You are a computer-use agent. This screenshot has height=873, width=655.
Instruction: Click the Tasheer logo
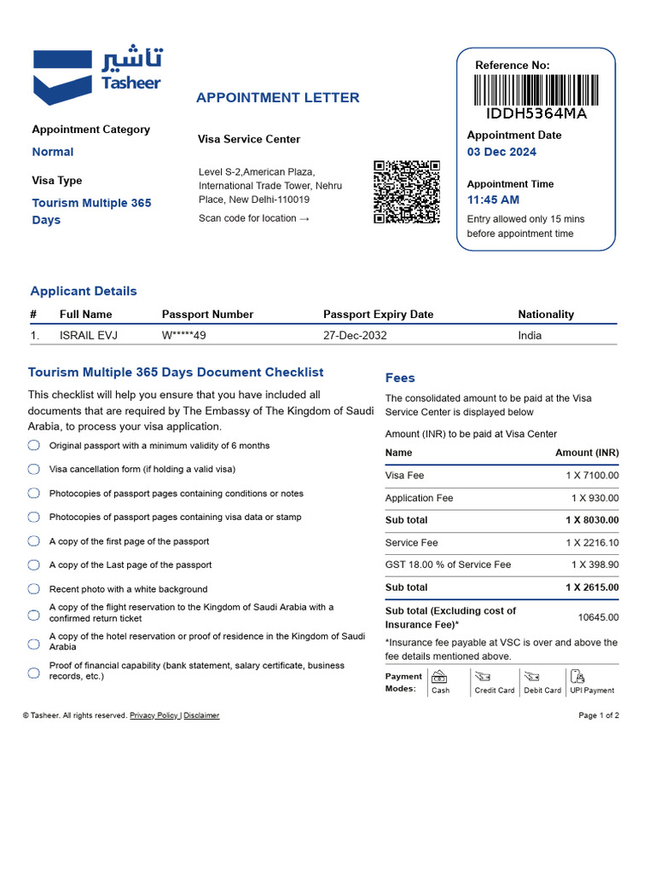(96, 75)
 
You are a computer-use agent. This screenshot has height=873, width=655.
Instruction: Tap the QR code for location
(406, 192)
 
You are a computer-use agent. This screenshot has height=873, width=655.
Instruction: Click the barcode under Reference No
(536, 90)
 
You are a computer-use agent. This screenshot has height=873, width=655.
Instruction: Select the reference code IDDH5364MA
(536, 113)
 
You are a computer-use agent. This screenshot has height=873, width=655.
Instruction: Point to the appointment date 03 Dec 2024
(501, 152)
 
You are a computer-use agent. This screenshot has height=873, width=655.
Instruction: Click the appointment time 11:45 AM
(493, 199)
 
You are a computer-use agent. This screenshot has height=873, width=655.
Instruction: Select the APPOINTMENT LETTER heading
(278, 97)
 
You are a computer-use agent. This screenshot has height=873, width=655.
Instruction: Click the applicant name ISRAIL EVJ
(89, 335)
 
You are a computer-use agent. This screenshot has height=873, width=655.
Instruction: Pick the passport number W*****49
(184, 335)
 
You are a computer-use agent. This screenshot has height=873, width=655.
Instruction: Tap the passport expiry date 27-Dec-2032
(355, 335)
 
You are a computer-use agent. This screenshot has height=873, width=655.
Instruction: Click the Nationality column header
(546, 314)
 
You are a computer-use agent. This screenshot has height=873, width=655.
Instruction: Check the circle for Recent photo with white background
(34, 589)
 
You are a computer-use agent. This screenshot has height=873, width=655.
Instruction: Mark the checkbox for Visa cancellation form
(34, 469)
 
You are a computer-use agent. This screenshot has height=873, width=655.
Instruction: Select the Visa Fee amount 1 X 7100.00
(592, 475)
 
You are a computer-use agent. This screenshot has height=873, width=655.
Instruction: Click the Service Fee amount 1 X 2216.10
(592, 542)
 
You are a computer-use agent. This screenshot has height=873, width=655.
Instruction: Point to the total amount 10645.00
(599, 617)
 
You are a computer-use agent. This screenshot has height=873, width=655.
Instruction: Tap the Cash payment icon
(440, 678)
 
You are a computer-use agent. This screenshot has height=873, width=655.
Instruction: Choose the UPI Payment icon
(577, 678)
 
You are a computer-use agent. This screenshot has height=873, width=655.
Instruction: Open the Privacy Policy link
(154, 715)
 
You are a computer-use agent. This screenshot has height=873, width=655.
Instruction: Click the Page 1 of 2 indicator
(599, 715)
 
